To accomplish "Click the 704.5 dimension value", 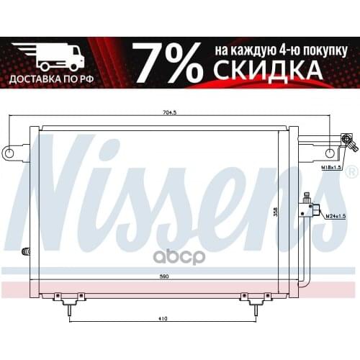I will [170, 113].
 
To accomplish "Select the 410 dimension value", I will [163, 318].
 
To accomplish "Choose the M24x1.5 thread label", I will [336, 215].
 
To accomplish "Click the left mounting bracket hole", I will [9, 153].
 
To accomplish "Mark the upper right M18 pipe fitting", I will [348, 141].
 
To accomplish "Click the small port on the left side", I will [27, 251].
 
